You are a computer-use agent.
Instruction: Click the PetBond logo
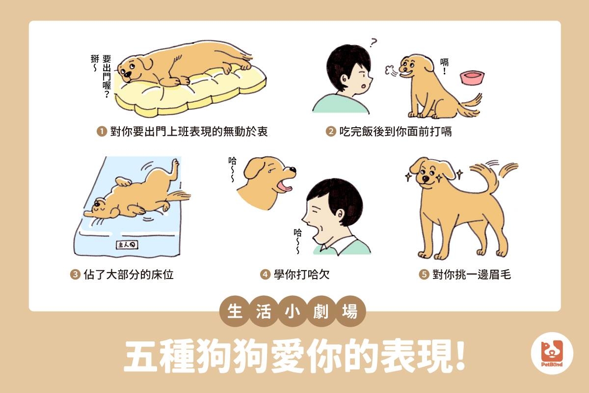click(x=552, y=353)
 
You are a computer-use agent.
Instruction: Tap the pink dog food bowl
click(x=472, y=77)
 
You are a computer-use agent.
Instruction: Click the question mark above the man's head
click(x=373, y=42)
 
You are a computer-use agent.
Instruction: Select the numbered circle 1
click(x=102, y=131)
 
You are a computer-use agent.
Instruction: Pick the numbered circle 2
click(x=331, y=131)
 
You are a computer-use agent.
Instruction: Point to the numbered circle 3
click(x=75, y=275)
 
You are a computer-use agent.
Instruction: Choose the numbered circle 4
click(x=265, y=275)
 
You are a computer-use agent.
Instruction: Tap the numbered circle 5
click(x=424, y=275)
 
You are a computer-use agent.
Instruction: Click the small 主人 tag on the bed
click(x=127, y=245)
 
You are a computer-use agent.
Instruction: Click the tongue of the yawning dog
click(x=285, y=188)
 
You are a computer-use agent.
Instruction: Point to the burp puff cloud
click(x=389, y=70)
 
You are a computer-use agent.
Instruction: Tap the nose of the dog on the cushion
click(x=127, y=74)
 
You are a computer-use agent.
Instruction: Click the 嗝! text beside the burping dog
click(x=444, y=66)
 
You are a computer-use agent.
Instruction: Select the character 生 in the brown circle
click(x=235, y=311)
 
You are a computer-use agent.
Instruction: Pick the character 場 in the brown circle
click(x=349, y=311)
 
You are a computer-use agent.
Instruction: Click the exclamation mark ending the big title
click(x=460, y=356)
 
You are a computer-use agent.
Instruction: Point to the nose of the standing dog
click(x=425, y=179)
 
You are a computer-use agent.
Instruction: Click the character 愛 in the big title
click(x=286, y=356)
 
